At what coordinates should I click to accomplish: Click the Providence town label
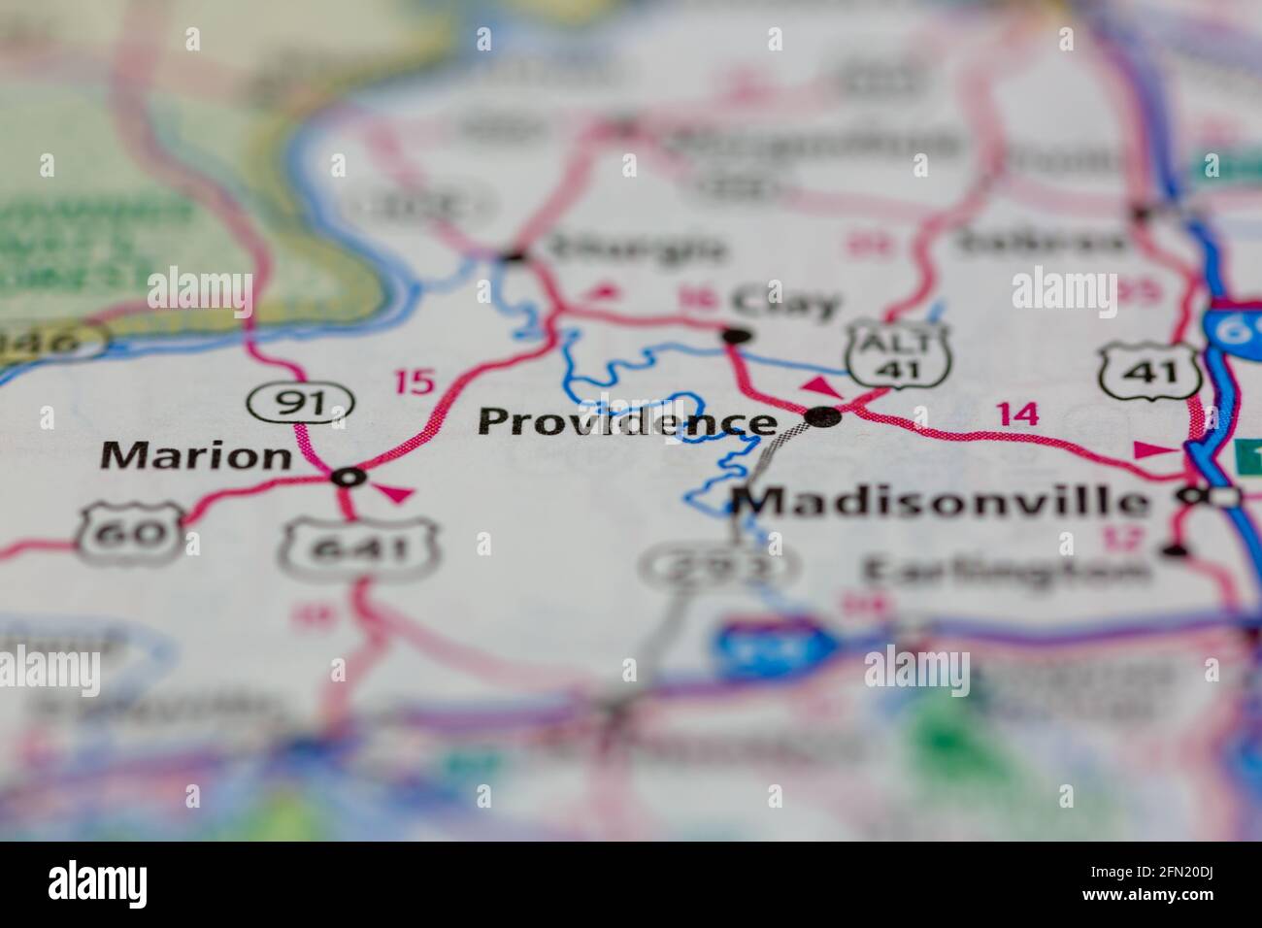[627, 422]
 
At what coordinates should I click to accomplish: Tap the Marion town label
[197, 455]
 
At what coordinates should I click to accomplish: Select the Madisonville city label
[940, 502]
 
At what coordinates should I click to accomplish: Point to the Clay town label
[786, 303]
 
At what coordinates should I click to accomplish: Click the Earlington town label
[1004, 570]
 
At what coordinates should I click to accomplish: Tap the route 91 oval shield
[299, 401]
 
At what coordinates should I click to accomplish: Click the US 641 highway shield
[359, 550]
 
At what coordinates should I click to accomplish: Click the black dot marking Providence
[824, 417]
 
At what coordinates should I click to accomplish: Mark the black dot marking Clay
[739, 336]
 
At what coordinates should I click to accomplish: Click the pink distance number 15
[415, 381]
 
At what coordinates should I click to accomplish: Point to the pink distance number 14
[1017, 414]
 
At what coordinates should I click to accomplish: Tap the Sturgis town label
[637, 249]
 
